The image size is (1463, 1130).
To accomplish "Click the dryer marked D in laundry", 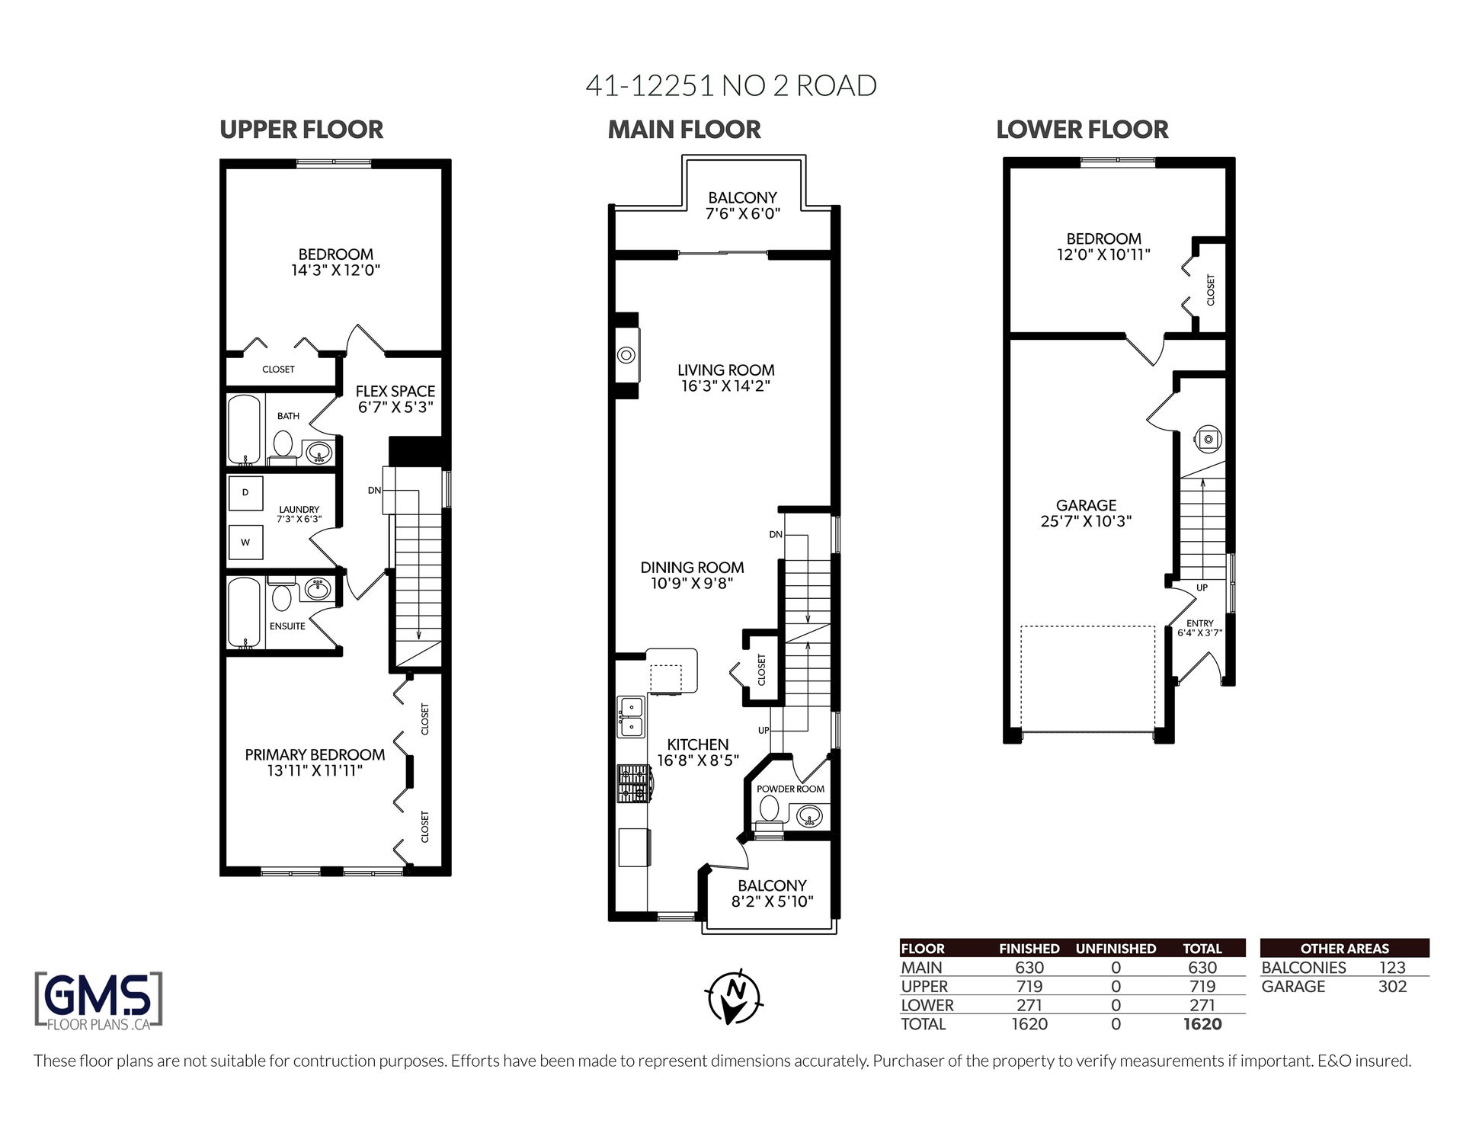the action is pos(245,492).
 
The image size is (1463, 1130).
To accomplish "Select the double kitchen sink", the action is pos(630,717).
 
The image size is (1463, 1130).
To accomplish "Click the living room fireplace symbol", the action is pos(627,355).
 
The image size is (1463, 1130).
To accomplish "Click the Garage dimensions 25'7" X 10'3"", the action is pos(1086,522).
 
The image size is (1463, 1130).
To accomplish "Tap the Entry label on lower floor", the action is pos(1200,623).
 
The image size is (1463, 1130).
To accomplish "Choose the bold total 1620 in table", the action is pos(1202,1024).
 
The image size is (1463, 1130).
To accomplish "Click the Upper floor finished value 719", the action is pos(1029,987).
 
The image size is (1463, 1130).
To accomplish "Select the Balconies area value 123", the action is pos(1392,968).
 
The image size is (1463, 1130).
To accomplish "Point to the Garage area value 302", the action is pos(1392,987).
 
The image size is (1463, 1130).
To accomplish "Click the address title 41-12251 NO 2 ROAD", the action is pos(731,85).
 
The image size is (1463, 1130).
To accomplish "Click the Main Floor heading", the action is pos(684,130).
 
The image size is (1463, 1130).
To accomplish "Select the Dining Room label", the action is pos(692,568).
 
